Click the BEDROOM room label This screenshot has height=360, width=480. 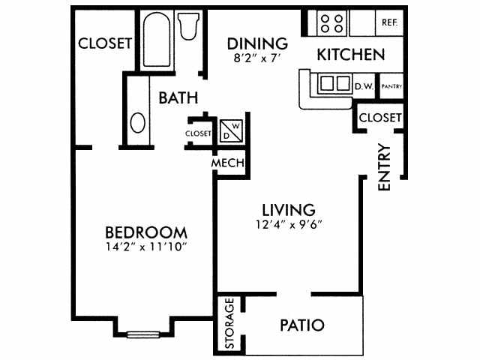coord(145,232)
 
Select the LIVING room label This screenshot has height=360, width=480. coord(288,209)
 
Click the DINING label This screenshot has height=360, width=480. coord(258,43)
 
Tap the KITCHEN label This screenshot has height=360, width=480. coord(351,55)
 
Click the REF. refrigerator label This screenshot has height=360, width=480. coord(389,22)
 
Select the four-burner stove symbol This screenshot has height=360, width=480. coord(331,22)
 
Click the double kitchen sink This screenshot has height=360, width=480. coord(334,82)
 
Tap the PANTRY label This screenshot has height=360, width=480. coord(392,86)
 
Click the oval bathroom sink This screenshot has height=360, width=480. coord(137,122)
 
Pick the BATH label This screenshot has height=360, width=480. coord(178,97)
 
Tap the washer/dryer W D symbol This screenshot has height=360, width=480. coord(231,130)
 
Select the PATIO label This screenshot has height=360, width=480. coord(302,325)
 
